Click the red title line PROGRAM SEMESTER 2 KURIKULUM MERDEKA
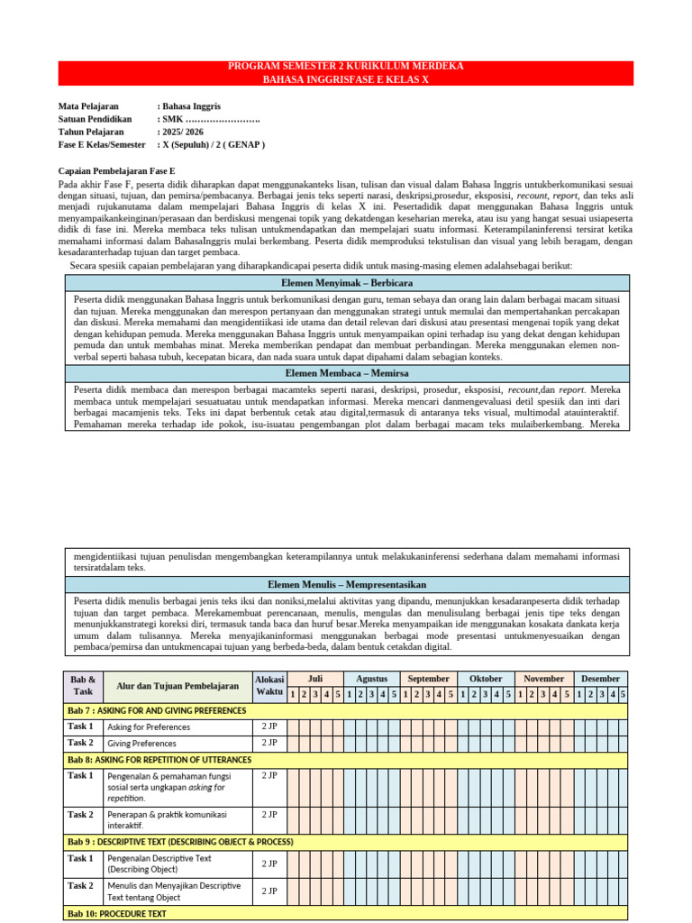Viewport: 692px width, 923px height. (346, 67)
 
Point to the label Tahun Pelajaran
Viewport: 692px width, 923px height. (91, 132)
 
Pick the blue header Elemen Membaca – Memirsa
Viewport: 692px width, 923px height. (346, 372)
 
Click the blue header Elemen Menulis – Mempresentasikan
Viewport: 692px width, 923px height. (346, 585)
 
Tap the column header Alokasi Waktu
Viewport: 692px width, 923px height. (269, 686)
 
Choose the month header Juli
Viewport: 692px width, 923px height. (314, 679)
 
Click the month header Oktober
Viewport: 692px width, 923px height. (486, 679)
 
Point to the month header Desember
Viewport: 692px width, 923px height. (599, 679)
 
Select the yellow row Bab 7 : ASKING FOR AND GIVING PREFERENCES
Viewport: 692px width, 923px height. (157, 710)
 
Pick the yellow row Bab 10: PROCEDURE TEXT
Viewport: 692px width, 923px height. (116, 914)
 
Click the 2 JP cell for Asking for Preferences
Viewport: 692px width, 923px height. (269, 726)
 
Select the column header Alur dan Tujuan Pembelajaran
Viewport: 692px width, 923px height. (178, 686)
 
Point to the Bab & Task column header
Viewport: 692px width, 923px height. (82, 686)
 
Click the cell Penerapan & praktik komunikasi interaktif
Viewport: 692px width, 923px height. (167, 819)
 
